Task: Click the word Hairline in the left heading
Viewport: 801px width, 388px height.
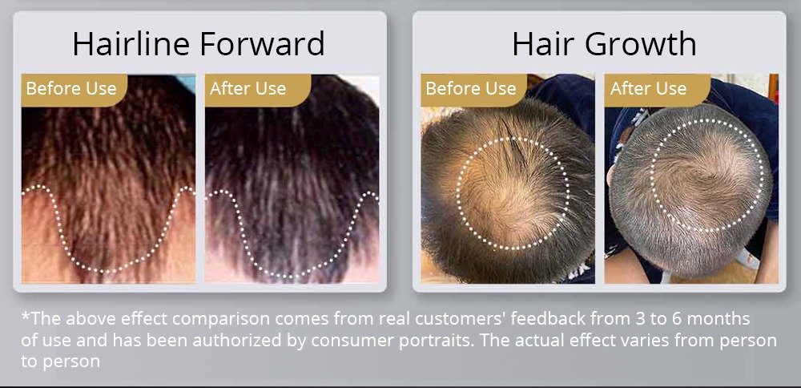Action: (131, 43)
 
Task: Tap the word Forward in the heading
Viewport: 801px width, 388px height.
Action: (262, 43)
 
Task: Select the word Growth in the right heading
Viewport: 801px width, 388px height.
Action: (641, 43)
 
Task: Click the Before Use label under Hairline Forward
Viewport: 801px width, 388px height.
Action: (71, 88)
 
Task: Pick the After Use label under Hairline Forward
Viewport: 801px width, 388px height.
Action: (248, 88)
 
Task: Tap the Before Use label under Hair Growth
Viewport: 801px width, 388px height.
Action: (470, 88)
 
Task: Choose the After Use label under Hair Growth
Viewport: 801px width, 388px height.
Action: (648, 88)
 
